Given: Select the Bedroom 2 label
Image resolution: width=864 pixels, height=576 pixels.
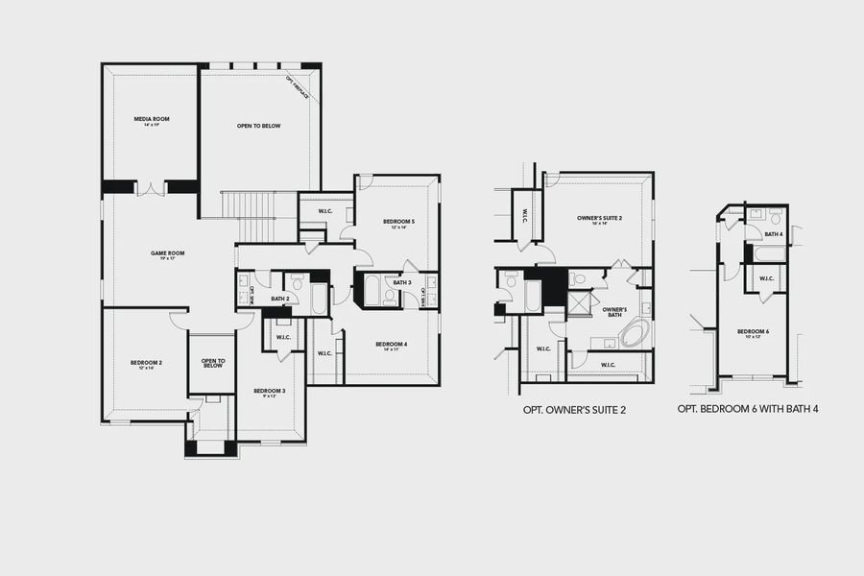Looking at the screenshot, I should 146,364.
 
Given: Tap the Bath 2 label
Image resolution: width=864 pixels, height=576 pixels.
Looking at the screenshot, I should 280,300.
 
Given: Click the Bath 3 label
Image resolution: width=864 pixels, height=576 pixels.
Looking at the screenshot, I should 402,282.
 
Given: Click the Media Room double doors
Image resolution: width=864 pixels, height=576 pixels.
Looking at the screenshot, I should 151,188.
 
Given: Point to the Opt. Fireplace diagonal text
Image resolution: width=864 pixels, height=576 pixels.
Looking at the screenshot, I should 297,89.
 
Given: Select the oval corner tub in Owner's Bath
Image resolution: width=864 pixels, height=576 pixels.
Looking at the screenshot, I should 635,335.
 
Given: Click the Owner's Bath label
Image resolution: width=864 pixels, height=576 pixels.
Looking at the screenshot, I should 614,311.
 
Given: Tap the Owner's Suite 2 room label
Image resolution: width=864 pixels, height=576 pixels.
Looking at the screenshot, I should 600,220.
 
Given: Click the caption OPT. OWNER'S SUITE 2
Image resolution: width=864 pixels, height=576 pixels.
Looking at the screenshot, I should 574,410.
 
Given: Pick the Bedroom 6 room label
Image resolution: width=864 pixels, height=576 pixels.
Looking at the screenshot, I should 754,333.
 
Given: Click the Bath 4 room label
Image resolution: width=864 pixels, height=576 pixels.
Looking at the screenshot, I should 773,234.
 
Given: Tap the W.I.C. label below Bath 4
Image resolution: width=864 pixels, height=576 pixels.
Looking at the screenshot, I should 766,279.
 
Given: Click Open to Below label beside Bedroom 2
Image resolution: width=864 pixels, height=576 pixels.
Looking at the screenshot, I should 212,364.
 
